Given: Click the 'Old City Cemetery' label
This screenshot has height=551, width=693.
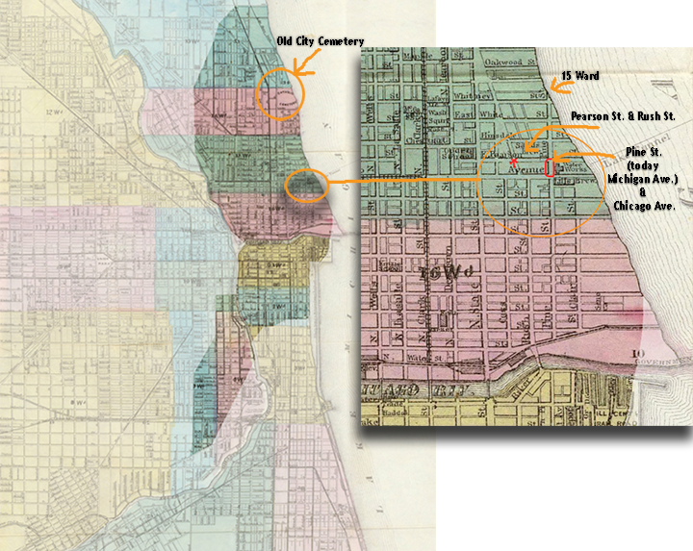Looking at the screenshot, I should (320, 41).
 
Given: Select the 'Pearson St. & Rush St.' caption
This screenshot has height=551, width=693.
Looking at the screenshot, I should (623, 115).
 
